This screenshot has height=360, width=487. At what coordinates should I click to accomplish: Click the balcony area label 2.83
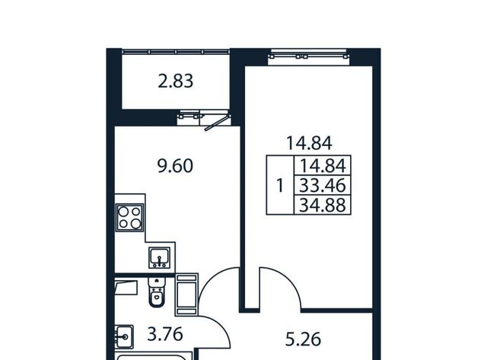pyautogui.click(x=176, y=81)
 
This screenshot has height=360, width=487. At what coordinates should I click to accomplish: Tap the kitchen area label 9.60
pyautogui.click(x=175, y=166)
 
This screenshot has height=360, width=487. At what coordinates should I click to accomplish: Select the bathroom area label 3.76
pyautogui.click(x=165, y=335)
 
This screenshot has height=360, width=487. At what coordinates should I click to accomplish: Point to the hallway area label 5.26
pyautogui.click(x=303, y=339)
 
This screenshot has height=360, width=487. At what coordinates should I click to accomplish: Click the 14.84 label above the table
pyautogui.click(x=309, y=143)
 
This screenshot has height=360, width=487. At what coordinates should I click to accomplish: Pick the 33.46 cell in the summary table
pyautogui.click(x=323, y=185)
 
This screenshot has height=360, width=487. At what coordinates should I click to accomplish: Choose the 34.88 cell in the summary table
pyautogui.click(x=323, y=205)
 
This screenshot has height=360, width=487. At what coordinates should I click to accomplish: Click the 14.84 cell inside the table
pyautogui.click(x=323, y=166)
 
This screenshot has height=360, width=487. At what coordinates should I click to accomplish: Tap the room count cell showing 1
pyautogui.click(x=280, y=185)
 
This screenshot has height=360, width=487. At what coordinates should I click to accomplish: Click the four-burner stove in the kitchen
pyautogui.click(x=130, y=218)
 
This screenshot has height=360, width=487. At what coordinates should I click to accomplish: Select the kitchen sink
pyautogui.click(x=159, y=257)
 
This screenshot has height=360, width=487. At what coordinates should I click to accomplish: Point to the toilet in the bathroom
pyautogui.click(x=158, y=292)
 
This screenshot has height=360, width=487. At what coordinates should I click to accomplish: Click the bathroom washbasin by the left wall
pyautogui.click(x=124, y=336)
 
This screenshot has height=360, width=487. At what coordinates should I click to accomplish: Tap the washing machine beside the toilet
pyautogui.click(x=186, y=295)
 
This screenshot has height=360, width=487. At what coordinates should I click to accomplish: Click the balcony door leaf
pyautogui.click(x=218, y=122)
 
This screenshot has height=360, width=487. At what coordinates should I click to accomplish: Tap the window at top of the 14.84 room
pyautogui.click(x=309, y=56)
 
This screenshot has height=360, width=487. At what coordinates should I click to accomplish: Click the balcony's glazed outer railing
pyautogui.click(x=176, y=52)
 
